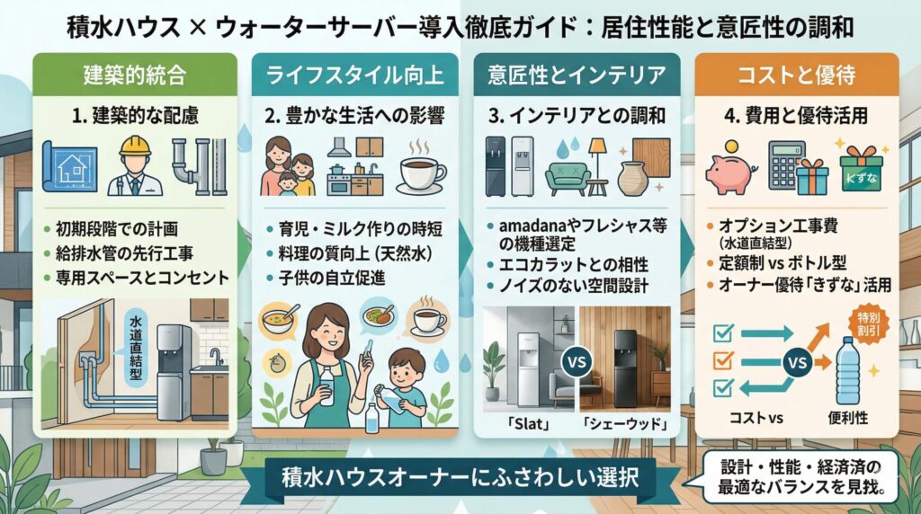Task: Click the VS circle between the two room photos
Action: click(575, 363)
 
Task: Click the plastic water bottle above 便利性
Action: click(850, 370)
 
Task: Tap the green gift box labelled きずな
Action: click(861, 169)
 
